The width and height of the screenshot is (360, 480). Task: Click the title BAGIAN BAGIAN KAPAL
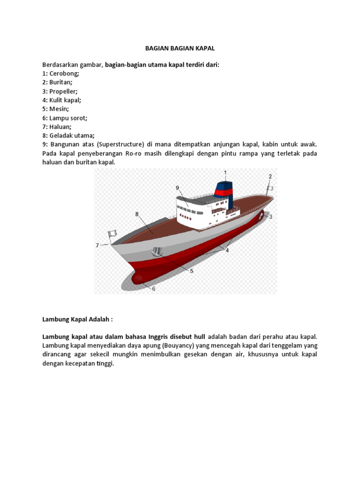coord(180,48)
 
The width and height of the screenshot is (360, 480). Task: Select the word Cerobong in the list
coord(65,74)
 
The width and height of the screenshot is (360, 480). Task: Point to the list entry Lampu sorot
coord(69,118)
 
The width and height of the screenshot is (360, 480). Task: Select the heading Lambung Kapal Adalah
coord(77,319)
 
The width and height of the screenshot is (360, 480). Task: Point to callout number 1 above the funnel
coord(225,173)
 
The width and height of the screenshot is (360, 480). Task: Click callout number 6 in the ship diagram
coord(153,289)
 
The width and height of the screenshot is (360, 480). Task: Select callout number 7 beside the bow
coord(97,245)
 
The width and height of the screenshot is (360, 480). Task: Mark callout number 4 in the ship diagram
coord(227,250)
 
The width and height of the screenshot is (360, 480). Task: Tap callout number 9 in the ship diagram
coord(178,187)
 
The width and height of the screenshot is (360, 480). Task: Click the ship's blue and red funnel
coord(224,192)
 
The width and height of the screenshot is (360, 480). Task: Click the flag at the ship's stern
coord(269,188)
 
